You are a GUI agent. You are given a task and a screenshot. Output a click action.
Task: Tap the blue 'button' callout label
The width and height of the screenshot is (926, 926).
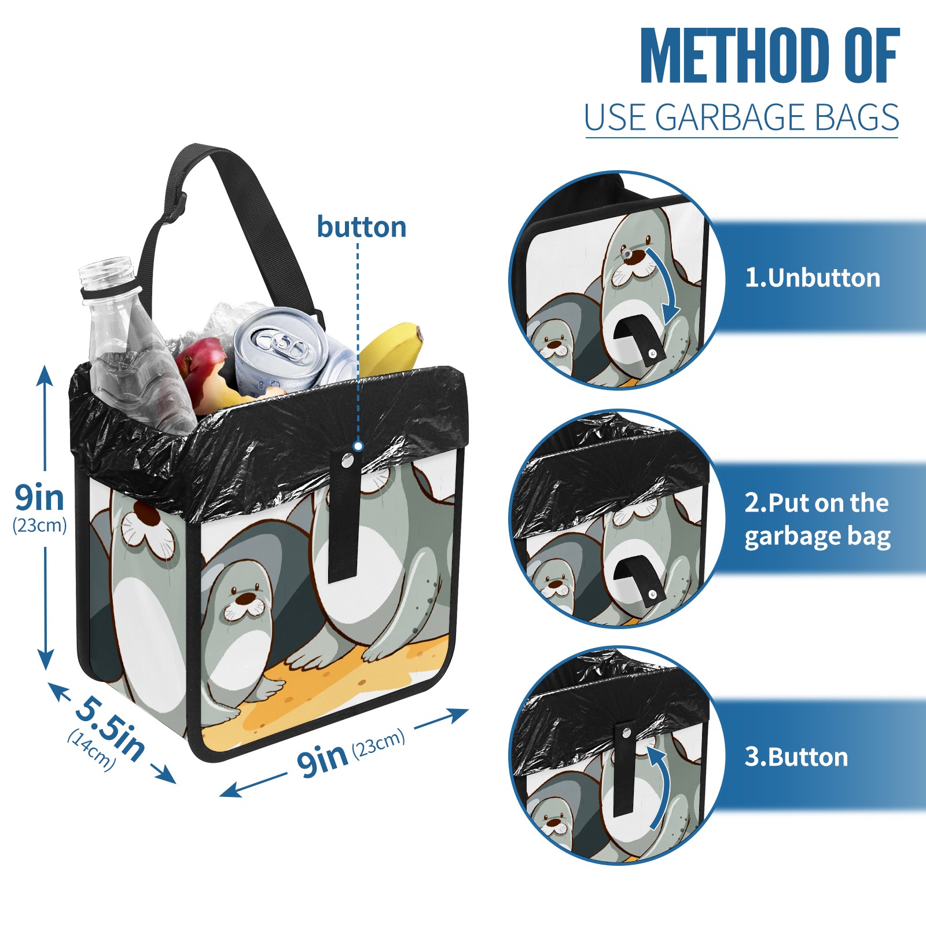click(362, 227)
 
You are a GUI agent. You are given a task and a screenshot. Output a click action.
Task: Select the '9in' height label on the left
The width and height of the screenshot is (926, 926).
click(39, 497)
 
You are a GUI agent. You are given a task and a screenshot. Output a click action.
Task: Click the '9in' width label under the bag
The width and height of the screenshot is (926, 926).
click(322, 760)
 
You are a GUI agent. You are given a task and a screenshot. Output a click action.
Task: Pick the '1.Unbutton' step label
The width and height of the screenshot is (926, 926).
click(812, 278)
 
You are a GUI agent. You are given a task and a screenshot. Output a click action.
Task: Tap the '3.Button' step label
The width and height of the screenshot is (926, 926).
click(796, 757)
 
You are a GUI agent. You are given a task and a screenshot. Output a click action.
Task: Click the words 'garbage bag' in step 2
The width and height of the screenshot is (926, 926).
click(817, 537)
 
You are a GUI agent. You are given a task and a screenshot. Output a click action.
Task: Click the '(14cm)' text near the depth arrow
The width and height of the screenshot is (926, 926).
click(91, 750)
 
